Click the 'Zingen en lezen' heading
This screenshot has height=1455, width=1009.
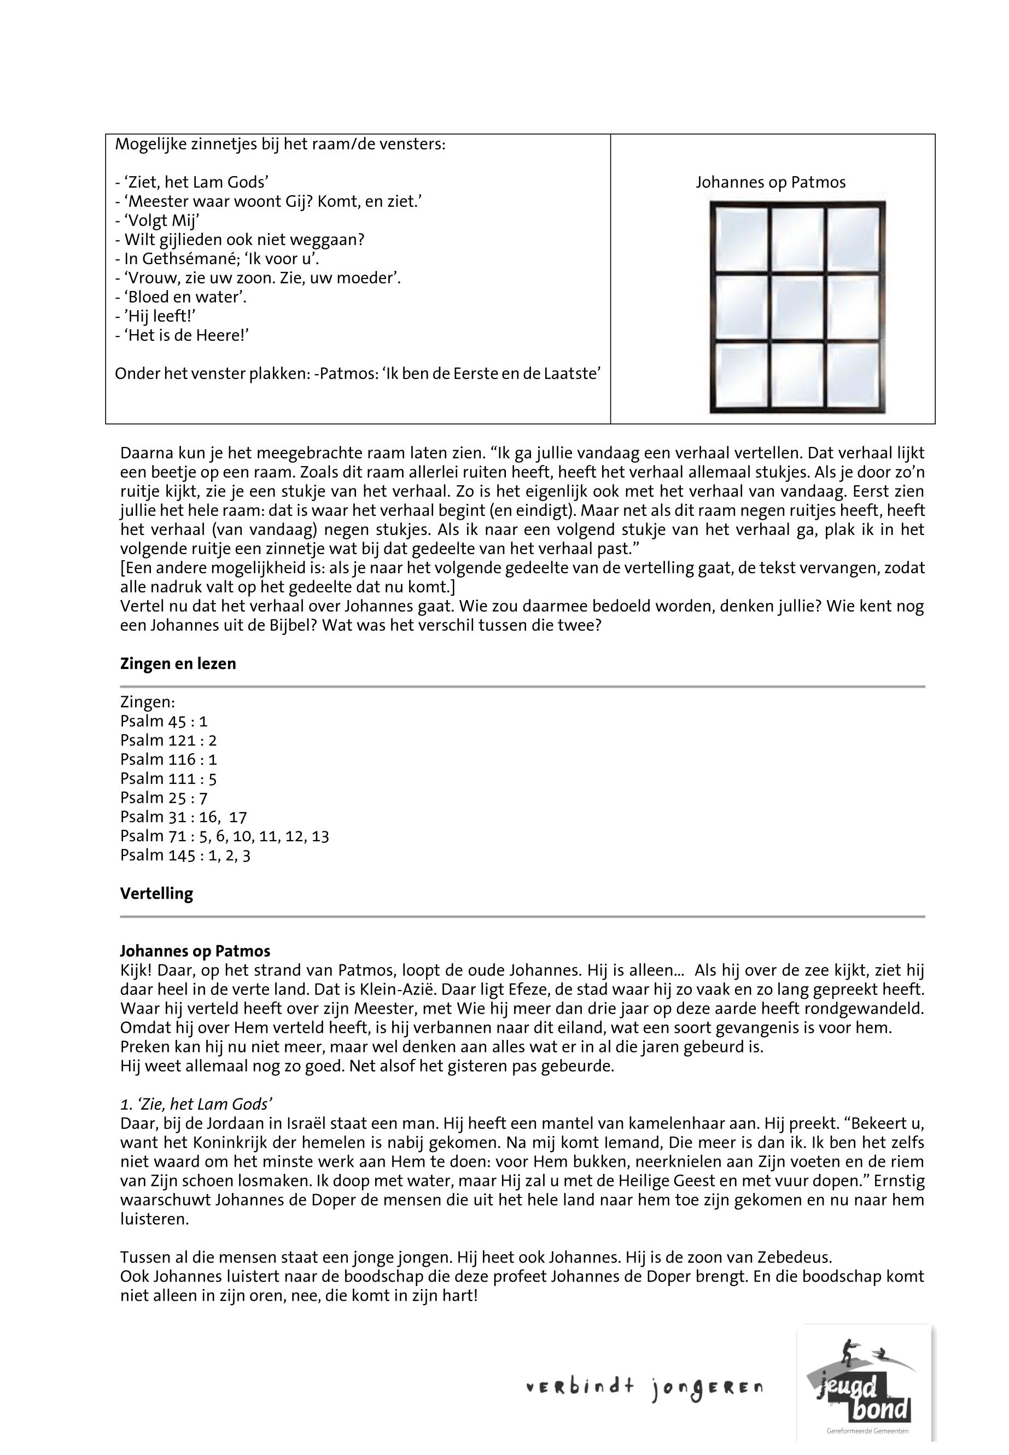(x=178, y=664)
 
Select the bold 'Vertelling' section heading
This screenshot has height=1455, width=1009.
(x=156, y=893)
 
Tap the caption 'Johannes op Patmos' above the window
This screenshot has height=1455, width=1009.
(x=770, y=182)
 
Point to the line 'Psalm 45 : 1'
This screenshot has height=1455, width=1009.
(x=164, y=721)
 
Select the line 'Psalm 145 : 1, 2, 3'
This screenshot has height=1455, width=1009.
(x=185, y=855)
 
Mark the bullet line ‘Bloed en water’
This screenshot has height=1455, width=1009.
(x=181, y=297)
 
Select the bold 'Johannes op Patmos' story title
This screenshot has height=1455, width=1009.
(x=195, y=951)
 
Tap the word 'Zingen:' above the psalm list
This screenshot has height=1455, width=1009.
(x=147, y=702)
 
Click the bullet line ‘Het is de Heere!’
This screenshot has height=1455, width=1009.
(x=182, y=335)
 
